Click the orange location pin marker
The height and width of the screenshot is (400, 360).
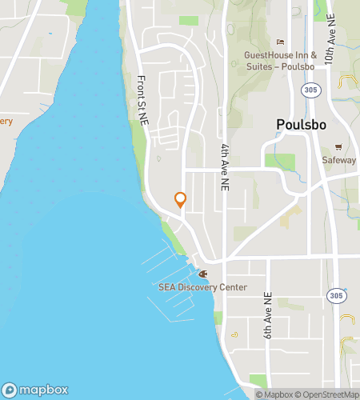point(180,199)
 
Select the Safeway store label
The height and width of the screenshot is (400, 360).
point(339,160)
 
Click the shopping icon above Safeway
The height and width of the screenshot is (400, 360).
point(338,146)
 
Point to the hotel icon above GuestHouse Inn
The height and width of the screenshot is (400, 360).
point(280,42)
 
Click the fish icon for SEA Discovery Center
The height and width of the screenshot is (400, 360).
point(202,274)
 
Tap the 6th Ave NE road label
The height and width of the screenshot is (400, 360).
point(268,312)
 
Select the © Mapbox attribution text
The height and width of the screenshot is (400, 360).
point(274,394)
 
